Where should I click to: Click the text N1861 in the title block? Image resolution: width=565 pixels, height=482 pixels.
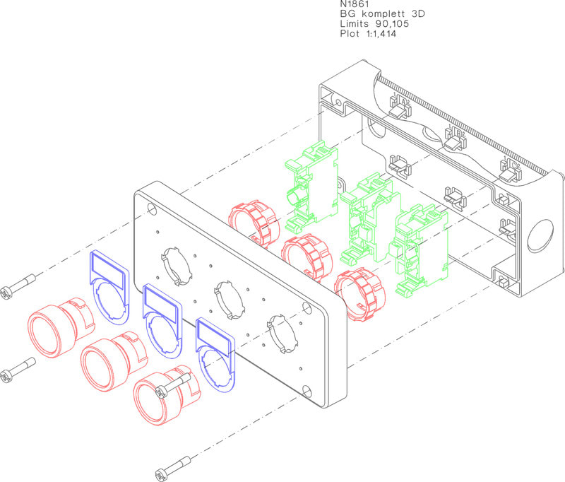[355, 4]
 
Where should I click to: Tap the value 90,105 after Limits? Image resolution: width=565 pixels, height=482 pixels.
[392, 24]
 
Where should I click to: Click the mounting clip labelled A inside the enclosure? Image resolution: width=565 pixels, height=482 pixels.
[399, 107]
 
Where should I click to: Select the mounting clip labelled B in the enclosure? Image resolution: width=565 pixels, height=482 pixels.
[455, 139]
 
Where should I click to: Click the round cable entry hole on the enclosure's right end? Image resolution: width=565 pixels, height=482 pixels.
[540, 235]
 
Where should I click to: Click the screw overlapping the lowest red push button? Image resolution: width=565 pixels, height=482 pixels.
[172, 385]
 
